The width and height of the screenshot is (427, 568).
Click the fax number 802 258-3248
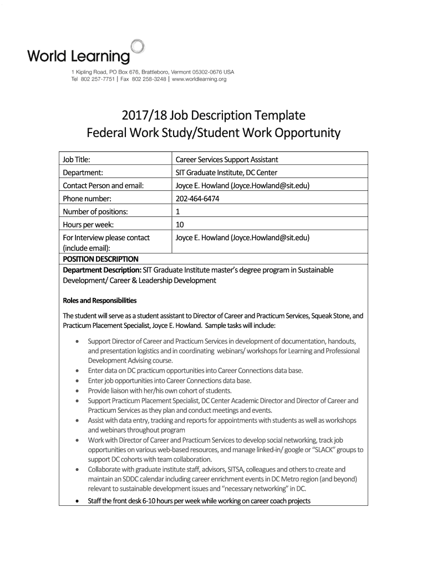click(x=136, y=79)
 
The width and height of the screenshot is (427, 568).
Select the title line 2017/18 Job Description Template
click(x=213, y=116)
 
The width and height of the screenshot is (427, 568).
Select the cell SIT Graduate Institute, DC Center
click(x=226, y=173)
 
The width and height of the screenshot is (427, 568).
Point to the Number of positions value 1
click(x=177, y=211)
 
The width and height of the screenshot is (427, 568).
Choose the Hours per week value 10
click(x=180, y=225)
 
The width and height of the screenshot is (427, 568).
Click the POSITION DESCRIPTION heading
click(x=100, y=259)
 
